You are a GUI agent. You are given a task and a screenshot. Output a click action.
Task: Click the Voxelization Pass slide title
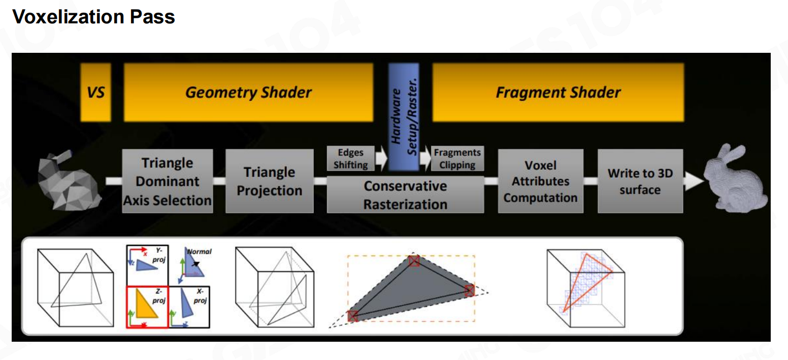tap(93, 17)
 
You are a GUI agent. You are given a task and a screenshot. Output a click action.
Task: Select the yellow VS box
tap(95, 92)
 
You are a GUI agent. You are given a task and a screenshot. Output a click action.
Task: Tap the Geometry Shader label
tap(248, 92)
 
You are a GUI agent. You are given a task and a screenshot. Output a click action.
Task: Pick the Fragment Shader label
tap(558, 92)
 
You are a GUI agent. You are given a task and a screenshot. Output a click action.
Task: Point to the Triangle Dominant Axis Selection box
tap(167, 181)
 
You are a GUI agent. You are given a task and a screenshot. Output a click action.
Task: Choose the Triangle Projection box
tap(269, 181)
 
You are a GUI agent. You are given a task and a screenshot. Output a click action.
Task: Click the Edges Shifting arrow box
tap(351, 158)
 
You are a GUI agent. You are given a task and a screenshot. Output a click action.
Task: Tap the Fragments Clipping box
tap(457, 158)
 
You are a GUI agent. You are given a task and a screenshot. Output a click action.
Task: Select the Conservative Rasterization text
tap(405, 195)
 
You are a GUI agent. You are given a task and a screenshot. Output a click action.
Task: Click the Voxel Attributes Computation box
tap(540, 181)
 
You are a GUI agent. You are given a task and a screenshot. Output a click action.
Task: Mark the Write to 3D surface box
tap(640, 181)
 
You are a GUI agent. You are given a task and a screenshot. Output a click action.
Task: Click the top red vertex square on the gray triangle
tap(414, 261)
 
